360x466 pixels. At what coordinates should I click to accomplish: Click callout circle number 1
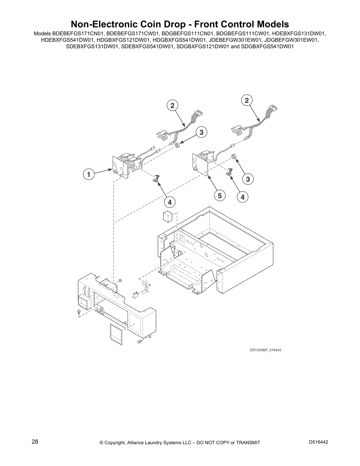(x=88, y=174)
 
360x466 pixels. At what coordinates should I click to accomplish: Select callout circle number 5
(x=220, y=195)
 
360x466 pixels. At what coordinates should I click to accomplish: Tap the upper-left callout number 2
(x=173, y=105)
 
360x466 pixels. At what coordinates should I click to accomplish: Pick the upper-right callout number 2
(x=247, y=100)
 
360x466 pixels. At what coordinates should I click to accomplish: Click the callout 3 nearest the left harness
(x=201, y=133)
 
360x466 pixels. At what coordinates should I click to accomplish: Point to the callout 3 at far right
(x=248, y=179)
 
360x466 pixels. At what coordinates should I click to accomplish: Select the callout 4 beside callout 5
(x=243, y=197)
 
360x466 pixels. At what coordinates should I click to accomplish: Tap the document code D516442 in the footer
(x=319, y=442)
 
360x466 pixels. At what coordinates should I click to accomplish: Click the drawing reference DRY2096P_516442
(x=261, y=350)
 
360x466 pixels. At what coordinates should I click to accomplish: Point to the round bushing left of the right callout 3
(x=234, y=156)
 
